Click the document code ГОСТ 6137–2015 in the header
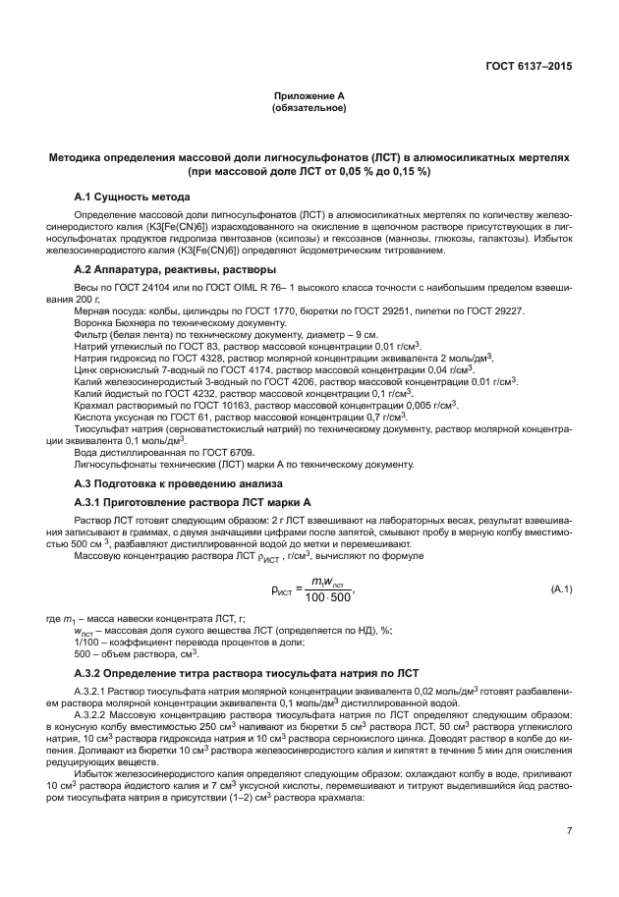click(x=529, y=67)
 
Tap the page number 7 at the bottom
click(x=569, y=832)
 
